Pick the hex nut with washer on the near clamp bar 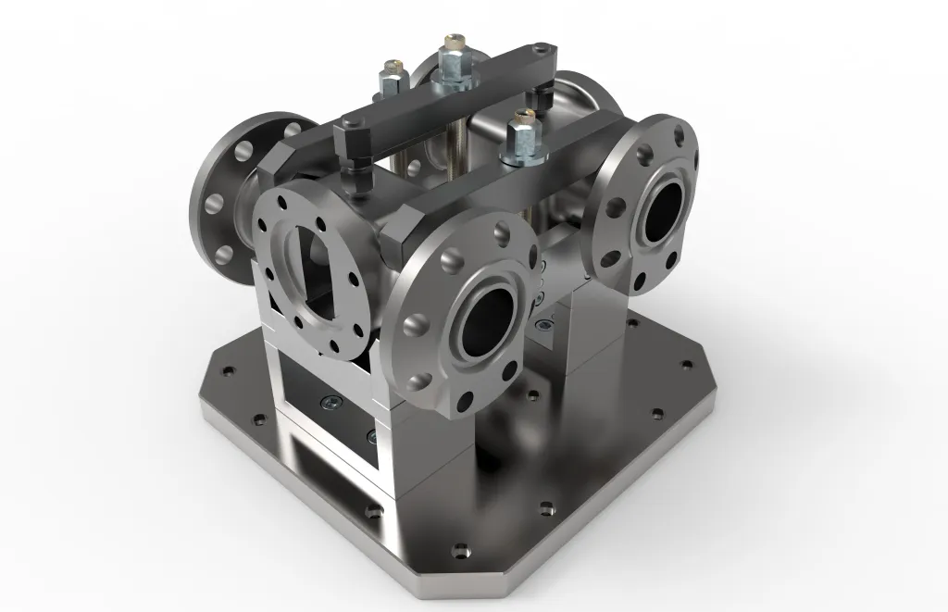click(520, 137)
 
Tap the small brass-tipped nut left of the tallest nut click(391, 78)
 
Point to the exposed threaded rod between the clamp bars click(455, 157)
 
